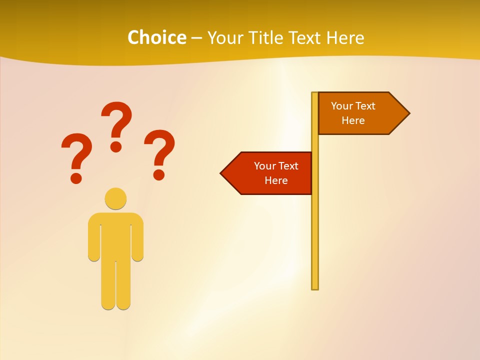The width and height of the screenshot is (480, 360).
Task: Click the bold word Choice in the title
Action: pyautogui.click(x=156, y=37)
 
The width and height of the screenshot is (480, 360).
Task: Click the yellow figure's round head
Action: pyautogui.click(x=115, y=198)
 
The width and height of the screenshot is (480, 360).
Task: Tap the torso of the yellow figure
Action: pyautogui.click(x=115, y=235)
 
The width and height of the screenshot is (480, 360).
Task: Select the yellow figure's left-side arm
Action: pyautogui.click(x=94, y=240)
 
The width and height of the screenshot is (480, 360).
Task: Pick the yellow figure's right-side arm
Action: pyautogui.click(x=137, y=240)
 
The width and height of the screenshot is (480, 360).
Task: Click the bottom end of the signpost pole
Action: pyautogui.click(x=315, y=287)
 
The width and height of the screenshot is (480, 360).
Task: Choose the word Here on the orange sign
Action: pyautogui.click(x=353, y=120)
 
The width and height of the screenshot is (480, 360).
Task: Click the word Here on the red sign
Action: pyautogui.click(x=276, y=180)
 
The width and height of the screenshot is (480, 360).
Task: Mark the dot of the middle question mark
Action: pyautogui.click(x=116, y=146)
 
